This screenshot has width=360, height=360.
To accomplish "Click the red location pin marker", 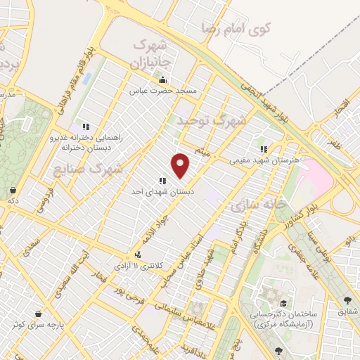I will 181,165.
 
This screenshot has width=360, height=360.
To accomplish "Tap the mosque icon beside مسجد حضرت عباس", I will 163,79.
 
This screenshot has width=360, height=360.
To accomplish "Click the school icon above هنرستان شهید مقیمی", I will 264,149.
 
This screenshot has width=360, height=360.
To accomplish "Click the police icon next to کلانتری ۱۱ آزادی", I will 138,255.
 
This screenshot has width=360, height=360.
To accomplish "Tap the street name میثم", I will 203,152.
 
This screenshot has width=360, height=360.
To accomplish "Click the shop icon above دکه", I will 13,189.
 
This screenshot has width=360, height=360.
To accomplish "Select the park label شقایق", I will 348,310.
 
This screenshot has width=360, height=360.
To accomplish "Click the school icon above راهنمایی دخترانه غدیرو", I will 86,126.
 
